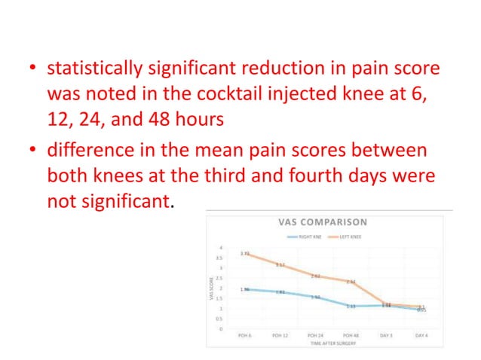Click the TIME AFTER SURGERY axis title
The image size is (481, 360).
tap(332, 343)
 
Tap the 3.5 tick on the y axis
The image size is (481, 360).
tap(219, 258)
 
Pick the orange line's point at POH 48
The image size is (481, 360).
tap(351, 282)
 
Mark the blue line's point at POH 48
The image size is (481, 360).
tap(351, 306)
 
